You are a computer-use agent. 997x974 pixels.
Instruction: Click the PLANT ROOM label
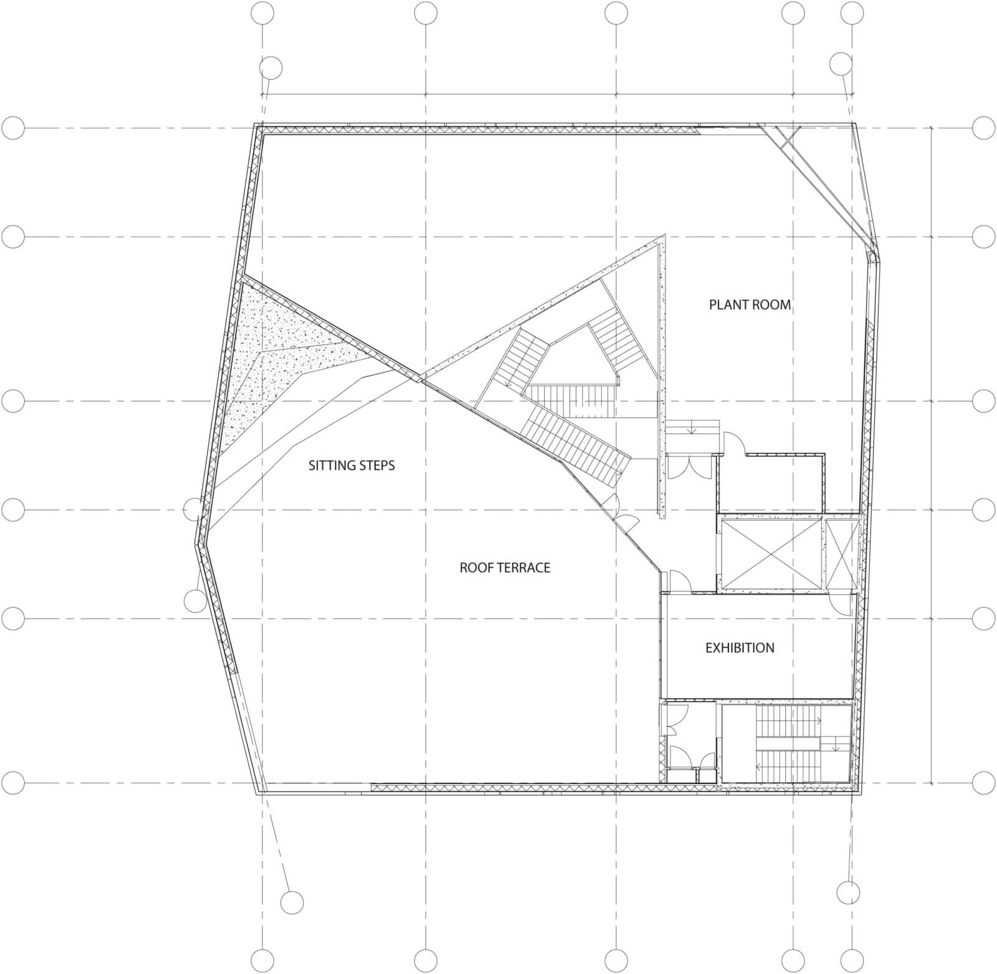pyautogui.click(x=750, y=305)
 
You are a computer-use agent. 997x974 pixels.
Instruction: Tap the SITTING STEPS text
pyautogui.click(x=351, y=465)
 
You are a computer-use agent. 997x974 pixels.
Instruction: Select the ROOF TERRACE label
pyautogui.click(x=505, y=567)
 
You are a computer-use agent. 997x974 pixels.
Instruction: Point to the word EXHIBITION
pyautogui.click(x=740, y=648)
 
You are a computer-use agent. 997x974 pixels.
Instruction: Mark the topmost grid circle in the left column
pyautogui.click(x=13, y=128)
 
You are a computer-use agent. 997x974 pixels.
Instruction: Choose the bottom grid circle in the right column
pyautogui.click(x=983, y=783)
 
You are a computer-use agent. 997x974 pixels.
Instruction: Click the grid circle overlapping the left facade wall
pyautogui.click(x=194, y=509)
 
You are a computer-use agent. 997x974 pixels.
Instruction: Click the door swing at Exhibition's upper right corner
pyautogui.click(x=841, y=604)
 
